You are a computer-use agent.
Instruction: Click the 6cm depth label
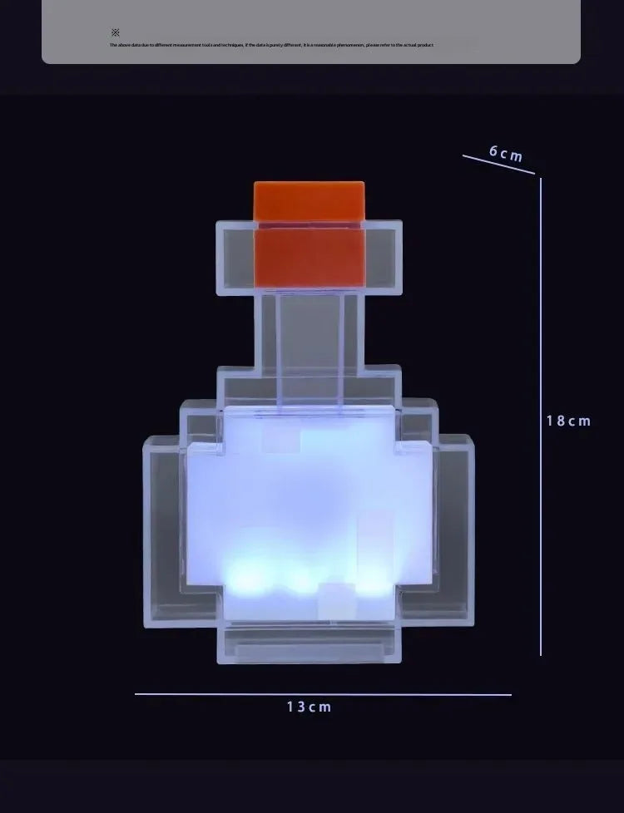(506, 154)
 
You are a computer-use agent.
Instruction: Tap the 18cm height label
(568, 421)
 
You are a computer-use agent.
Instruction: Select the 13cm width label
(309, 707)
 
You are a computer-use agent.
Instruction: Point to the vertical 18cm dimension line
(541, 416)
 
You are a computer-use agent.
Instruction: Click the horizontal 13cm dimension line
(323, 694)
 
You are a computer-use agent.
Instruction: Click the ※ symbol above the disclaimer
(115, 32)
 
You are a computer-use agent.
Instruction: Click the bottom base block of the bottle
(310, 644)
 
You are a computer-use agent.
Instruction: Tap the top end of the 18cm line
(541, 179)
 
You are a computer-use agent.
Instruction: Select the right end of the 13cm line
(510, 694)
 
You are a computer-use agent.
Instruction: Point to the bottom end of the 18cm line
(541, 654)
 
